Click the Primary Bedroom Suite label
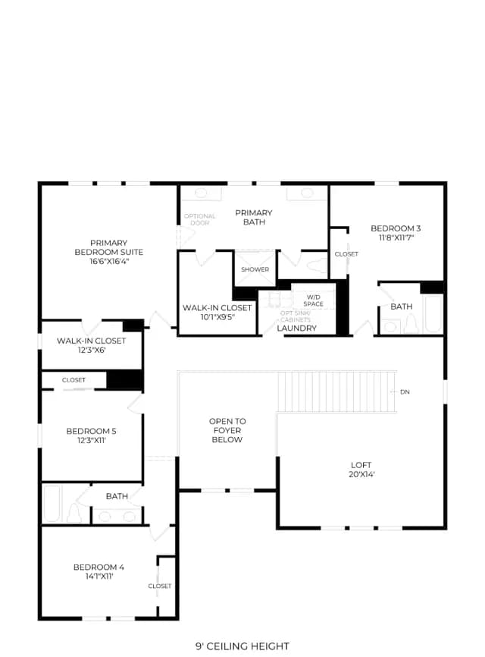click(x=109, y=247)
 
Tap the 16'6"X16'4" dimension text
click(x=109, y=262)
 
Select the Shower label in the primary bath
click(x=255, y=269)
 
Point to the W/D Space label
click(x=314, y=300)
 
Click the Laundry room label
click(x=297, y=328)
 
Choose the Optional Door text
click(x=199, y=219)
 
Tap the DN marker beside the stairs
click(x=405, y=392)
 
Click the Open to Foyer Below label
click(x=227, y=430)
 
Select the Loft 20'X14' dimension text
click(x=361, y=474)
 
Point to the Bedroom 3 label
click(x=396, y=228)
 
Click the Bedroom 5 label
click(x=91, y=431)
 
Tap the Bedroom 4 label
click(x=99, y=567)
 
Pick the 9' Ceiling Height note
click(x=242, y=646)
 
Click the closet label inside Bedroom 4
click(x=160, y=586)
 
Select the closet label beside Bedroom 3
click(x=346, y=254)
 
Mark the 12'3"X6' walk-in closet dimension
click(x=92, y=351)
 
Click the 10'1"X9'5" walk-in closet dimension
click(x=217, y=317)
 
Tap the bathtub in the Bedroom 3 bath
click(x=433, y=313)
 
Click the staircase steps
click(x=336, y=391)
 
